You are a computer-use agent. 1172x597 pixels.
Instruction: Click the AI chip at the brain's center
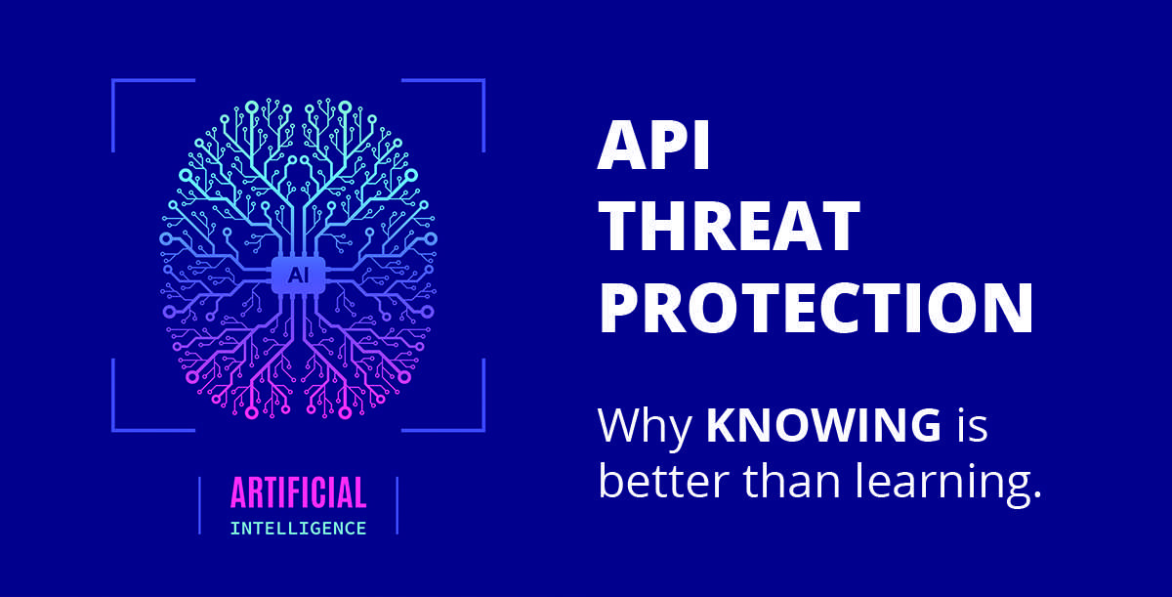click(x=298, y=275)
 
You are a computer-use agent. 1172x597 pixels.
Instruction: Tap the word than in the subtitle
click(x=791, y=483)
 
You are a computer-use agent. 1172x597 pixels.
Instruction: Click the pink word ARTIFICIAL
click(x=298, y=493)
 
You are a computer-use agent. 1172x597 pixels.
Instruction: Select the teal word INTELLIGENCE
click(x=298, y=529)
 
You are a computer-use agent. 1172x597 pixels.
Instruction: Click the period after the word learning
click(x=1036, y=498)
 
